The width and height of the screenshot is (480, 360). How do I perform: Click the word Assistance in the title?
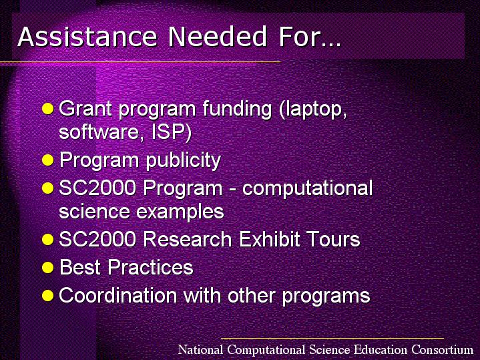click(x=87, y=37)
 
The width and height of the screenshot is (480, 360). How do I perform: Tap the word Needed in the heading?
click(x=218, y=37)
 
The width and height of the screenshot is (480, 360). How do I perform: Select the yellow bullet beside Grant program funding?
click(x=48, y=108)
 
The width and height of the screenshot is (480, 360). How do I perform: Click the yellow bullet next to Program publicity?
click(x=48, y=160)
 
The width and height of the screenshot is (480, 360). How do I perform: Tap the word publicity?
click(x=183, y=160)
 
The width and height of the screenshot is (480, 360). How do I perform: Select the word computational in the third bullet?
click(x=307, y=188)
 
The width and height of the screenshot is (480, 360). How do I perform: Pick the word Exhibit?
click(x=270, y=238)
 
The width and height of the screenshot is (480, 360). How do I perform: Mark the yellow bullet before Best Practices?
click(x=48, y=267)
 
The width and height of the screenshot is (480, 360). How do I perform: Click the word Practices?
click(x=151, y=267)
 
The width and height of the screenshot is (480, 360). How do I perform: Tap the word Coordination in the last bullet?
click(x=118, y=295)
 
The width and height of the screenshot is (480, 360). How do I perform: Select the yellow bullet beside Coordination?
click(x=48, y=296)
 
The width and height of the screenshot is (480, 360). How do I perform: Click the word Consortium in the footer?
click(x=443, y=349)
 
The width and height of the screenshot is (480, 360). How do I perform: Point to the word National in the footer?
click(x=201, y=349)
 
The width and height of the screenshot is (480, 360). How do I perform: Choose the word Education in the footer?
click(x=381, y=349)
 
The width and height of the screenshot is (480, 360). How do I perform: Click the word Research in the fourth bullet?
click(x=188, y=238)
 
